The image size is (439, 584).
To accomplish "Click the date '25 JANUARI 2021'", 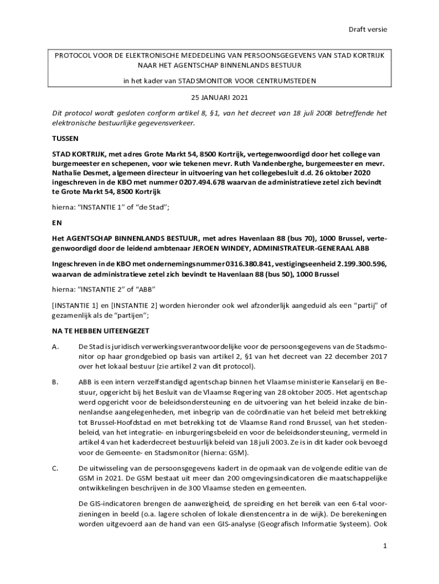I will point(219,98).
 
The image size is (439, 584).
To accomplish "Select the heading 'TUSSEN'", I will point(65,139).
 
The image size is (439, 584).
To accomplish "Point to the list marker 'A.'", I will point(56,346).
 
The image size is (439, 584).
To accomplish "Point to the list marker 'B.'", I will point(56,382).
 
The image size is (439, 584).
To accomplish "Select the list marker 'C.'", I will point(56,468).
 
